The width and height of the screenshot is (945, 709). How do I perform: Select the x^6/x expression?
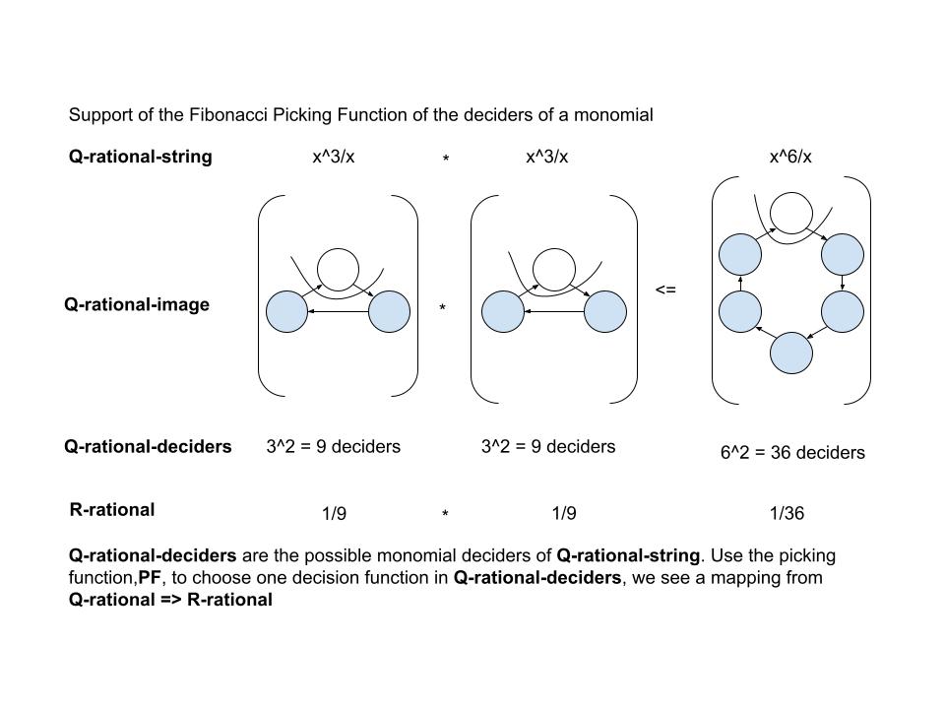[x=790, y=157]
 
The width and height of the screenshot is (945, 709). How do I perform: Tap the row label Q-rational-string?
[x=140, y=157]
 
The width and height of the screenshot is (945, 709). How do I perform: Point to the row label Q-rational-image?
[x=137, y=305]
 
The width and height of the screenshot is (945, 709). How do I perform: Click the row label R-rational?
[x=112, y=510]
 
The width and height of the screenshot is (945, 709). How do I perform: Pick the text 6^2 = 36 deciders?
[x=792, y=453]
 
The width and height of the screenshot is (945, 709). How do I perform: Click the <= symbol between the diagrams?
[x=665, y=290]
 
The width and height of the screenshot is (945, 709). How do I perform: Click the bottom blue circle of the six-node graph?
[x=791, y=354]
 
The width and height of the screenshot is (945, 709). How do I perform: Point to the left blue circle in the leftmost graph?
[x=286, y=311]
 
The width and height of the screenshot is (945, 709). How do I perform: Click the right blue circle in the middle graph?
[x=605, y=311]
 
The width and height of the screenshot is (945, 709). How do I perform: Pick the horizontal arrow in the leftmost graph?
[x=338, y=312]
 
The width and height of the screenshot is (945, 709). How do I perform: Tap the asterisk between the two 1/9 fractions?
[x=445, y=515]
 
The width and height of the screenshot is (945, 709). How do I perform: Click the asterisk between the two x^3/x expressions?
[x=445, y=159]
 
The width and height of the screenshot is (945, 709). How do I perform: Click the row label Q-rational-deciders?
[x=148, y=447]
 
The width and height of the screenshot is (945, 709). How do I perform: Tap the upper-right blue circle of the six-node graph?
[x=843, y=255]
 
